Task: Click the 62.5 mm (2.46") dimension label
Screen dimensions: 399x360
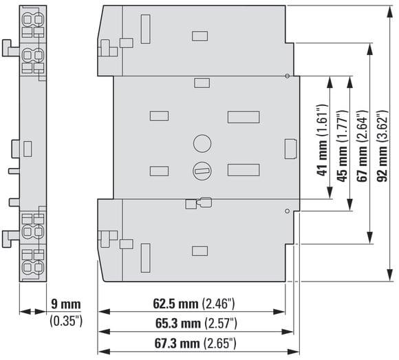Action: (x=194, y=304)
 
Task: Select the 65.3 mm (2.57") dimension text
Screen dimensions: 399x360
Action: (x=196, y=324)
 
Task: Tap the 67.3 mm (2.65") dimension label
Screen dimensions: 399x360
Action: (x=195, y=343)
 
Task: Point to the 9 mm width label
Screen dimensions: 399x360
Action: (x=66, y=304)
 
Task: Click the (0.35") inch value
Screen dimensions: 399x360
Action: (x=66, y=321)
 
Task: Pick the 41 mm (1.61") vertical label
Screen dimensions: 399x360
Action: (x=322, y=140)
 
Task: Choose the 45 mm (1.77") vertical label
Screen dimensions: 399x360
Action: (x=343, y=146)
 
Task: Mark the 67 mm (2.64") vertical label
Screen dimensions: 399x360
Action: (x=363, y=146)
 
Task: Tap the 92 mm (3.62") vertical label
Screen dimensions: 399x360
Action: (x=382, y=146)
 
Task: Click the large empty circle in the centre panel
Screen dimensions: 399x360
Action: (x=202, y=143)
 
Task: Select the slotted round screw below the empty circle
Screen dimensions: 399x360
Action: (x=202, y=171)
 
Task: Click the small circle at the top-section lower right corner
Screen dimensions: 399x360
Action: (x=288, y=76)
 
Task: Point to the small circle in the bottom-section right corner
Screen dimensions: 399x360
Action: (x=288, y=211)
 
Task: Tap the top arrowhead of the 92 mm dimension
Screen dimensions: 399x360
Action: (x=389, y=12)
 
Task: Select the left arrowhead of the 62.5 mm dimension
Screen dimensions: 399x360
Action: (x=104, y=311)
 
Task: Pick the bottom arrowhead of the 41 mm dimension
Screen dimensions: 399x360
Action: (x=330, y=193)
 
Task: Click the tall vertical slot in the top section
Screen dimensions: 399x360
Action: (x=146, y=29)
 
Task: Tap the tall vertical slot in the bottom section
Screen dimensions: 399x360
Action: (x=146, y=258)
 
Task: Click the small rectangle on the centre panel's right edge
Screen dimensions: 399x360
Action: (x=290, y=149)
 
